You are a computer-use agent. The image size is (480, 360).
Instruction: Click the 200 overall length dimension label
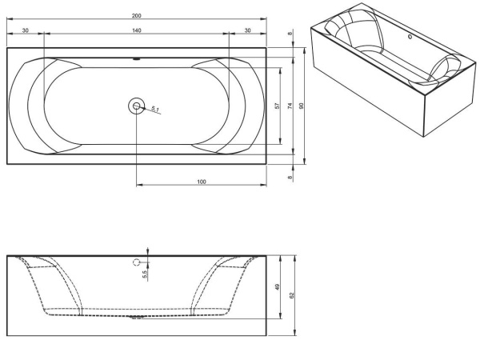point(137,16)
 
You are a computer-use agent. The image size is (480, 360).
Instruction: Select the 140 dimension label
point(137,30)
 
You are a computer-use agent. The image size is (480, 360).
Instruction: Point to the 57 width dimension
point(278,106)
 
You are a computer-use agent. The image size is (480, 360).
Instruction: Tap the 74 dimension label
point(290,106)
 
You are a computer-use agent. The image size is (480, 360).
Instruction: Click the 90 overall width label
point(302,106)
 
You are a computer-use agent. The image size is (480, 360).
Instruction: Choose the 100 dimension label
point(202,182)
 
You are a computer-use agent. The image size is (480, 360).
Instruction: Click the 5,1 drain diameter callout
point(155,109)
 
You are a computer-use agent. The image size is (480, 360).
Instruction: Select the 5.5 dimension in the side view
point(145,274)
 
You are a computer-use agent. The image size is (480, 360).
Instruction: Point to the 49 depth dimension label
point(278,287)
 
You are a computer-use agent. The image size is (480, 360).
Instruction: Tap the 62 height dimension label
point(292,295)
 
